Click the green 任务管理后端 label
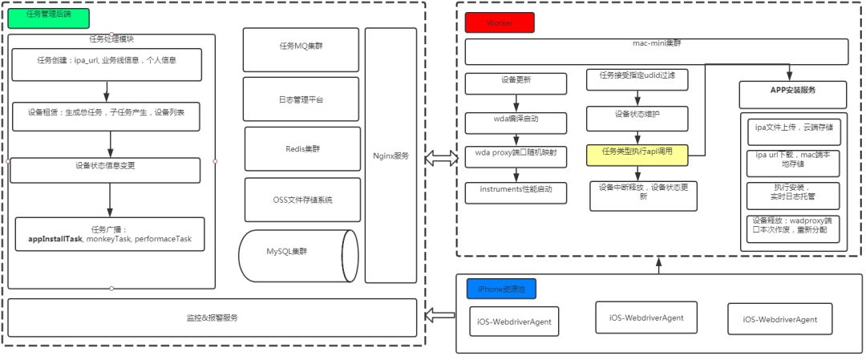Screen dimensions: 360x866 click(47, 17)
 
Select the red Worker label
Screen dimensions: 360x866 click(499, 22)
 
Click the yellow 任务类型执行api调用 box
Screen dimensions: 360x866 click(637, 152)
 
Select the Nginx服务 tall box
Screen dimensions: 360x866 click(391, 156)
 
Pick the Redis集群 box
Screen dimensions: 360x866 click(301, 148)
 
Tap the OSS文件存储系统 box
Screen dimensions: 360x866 click(301, 200)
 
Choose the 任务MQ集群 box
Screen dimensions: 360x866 click(301, 47)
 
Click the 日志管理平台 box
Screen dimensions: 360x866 click(301, 99)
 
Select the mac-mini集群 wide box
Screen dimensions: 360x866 click(657, 52)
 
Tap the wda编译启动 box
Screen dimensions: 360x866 click(516, 122)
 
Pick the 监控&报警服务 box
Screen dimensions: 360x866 click(212, 318)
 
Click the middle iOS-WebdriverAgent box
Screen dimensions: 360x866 click(646, 318)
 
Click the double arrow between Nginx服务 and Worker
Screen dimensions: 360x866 click(439, 157)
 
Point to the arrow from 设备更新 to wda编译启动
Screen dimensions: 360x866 click(516, 102)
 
